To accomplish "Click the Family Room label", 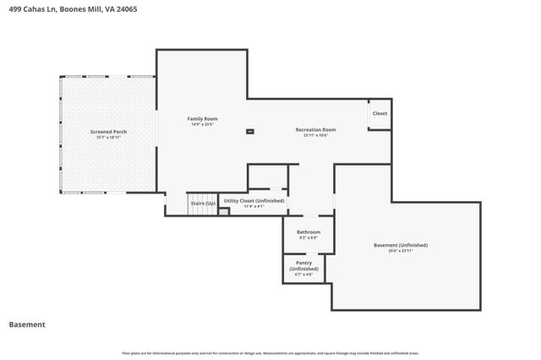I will pyautogui.click(x=203, y=118).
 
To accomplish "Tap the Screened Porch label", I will pyautogui.click(x=108, y=132).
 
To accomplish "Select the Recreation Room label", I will pyautogui.click(x=315, y=129).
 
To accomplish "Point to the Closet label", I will pyautogui.click(x=380, y=113).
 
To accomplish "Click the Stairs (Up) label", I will pyautogui.click(x=203, y=204).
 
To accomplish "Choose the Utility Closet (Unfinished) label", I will pyautogui.click(x=254, y=201).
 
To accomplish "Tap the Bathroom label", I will pyautogui.click(x=308, y=232).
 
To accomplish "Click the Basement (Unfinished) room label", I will pyautogui.click(x=401, y=245).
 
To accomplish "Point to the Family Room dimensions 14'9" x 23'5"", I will pyautogui.click(x=203, y=124).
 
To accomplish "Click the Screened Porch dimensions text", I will pyautogui.click(x=108, y=138).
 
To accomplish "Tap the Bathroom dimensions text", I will pyautogui.click(x=308, y=237).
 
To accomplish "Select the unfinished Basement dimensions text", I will pyautogui.click(x=401, y=251).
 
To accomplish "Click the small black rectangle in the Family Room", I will pyautogui.click(x=249, y=131).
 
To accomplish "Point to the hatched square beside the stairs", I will pyautogui.click(x=224, y=211).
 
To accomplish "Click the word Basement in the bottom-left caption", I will pyautogui.click(x=27, y=325).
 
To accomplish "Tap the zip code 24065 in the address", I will pyautogui.click(x=127, y=8).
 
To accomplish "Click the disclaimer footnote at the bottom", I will pyautogui.click(x=270, y=353).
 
